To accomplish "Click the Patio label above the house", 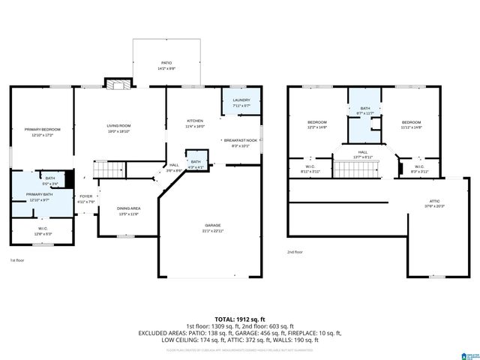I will click(x=166, y=65).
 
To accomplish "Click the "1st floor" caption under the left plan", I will click(x=16, y=260).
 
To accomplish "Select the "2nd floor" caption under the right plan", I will click(x=295, y=252).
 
